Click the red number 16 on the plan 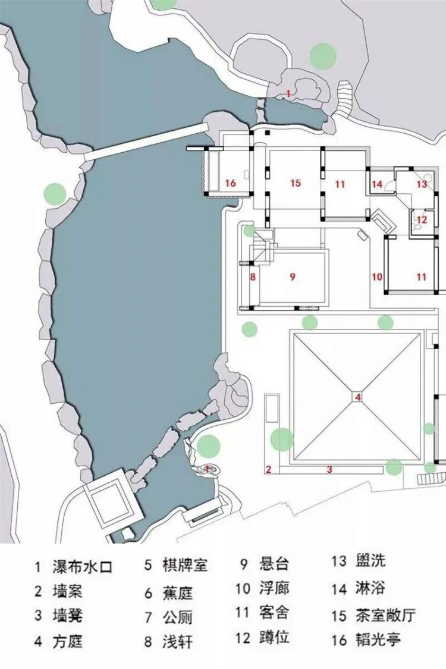click(231, 183)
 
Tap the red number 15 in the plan click(296, 183)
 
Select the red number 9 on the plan click(293, 277)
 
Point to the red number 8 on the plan click(253, 277)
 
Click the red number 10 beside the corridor click(377, 277)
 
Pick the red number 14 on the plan click(377, 184)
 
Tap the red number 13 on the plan click(422, 184)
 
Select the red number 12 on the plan click(422, 220)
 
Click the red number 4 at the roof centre click(359, 397)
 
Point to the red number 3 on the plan click(329, 469)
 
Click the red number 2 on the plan click(268, 469)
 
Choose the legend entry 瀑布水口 click(83, 567)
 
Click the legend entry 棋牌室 click(185, 565)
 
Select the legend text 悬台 click(274, 564)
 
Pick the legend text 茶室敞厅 click(385, 615)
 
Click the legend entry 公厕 click(178, 617)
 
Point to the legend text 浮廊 click(274, 588)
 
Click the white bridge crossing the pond click(146, 142)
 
